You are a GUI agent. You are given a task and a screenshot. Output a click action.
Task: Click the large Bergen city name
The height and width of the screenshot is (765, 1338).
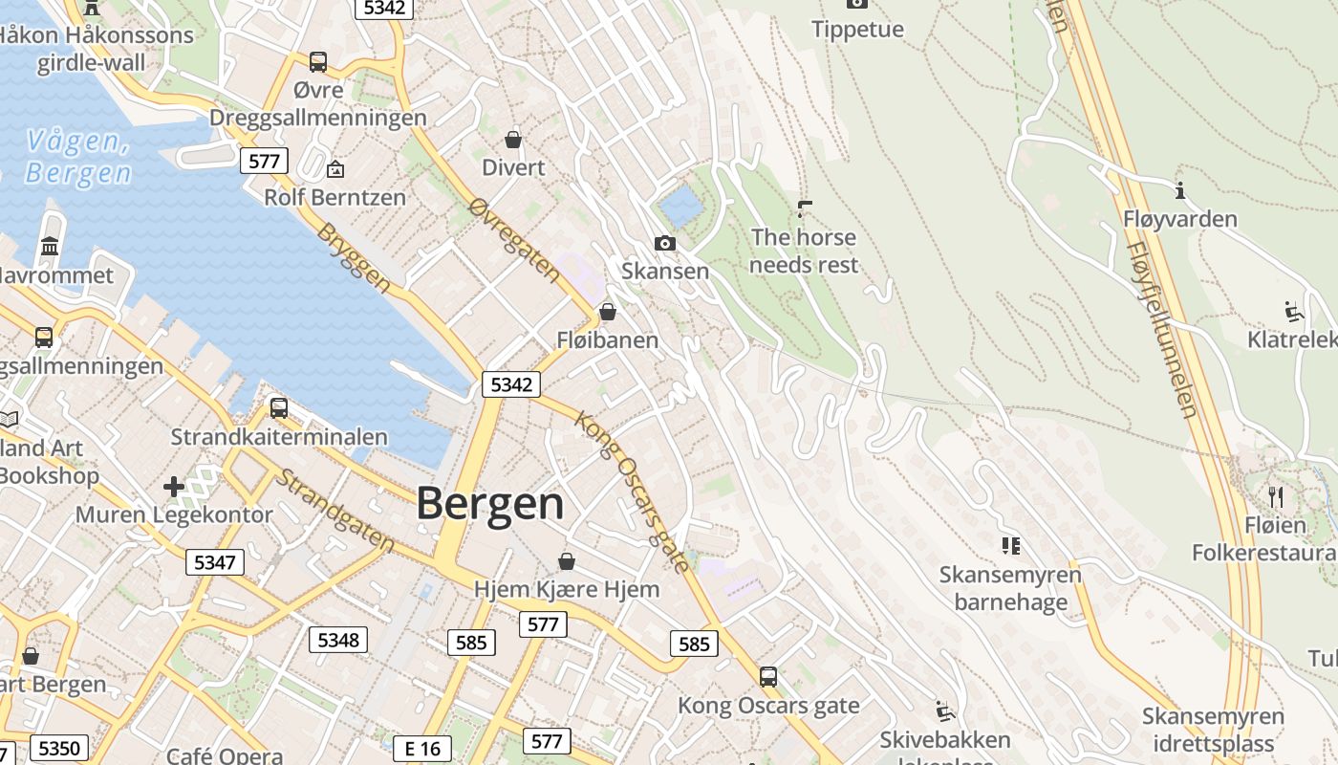[x=490, y=504]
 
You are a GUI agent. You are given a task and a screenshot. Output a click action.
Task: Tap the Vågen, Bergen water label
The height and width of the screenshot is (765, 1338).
[x=78, y=158]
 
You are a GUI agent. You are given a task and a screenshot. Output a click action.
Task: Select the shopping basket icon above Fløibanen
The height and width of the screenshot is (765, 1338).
[x=607, y=312]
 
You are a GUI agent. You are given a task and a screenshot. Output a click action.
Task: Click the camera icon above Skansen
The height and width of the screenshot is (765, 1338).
[x=665, y=243]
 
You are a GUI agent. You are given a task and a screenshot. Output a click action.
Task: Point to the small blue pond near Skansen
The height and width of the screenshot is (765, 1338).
[x=680, y=206]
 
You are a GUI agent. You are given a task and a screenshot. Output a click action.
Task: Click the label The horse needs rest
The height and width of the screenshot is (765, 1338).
[x=804, y=251]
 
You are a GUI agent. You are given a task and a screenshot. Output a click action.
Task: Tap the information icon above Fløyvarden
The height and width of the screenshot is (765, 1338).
[x=1180, y=190]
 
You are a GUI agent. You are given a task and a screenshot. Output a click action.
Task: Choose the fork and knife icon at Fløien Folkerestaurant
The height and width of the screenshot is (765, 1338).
[x=1275, y=496]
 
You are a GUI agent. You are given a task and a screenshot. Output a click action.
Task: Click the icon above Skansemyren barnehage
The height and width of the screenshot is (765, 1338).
[x=1010, y=546]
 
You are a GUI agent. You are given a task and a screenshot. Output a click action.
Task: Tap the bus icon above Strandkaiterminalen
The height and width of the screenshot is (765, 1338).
[x=279, y=408]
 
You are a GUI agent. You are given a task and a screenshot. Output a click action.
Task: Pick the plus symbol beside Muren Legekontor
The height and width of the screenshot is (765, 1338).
[x=173, y=487]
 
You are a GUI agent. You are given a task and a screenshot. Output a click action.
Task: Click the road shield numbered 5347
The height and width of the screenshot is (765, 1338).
[x=214, y=562]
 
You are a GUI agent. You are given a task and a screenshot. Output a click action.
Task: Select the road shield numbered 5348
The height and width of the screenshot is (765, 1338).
[x=338, y=640]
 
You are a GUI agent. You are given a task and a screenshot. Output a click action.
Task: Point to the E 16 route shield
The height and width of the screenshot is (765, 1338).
[x=422, y=749]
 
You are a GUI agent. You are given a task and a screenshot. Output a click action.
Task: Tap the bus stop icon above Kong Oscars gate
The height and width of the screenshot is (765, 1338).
[x=768, y=677]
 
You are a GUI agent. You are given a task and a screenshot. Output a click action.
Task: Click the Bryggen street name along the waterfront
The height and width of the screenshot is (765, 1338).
[x=355, y=258]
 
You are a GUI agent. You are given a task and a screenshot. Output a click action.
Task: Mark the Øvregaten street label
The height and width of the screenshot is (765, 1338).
[x=515, y=240]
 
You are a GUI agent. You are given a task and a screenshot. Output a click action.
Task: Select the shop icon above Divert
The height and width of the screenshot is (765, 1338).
[x=513, y=140]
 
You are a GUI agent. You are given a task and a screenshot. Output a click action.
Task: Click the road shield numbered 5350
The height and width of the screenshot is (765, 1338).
[x=59, y=748]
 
